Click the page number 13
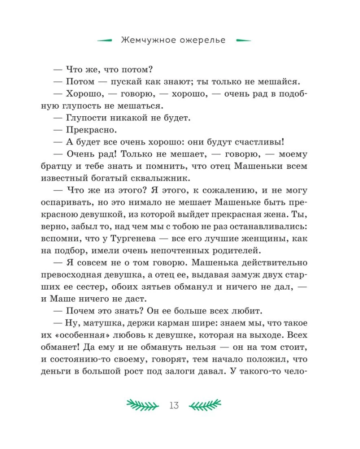coord(174,405)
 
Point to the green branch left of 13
coord(142,405)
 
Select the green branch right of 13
coord(205,405)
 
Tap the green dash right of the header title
coord(244,40)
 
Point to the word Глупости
coord(84,119)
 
